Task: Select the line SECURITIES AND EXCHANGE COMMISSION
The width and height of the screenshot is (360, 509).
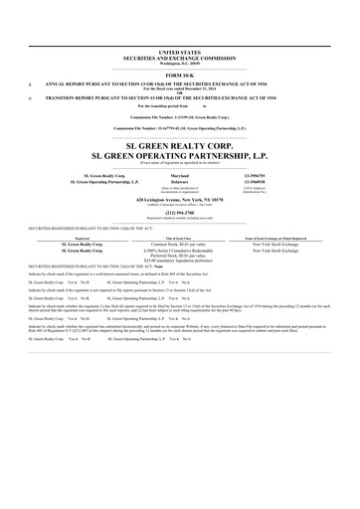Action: (x=179, y=56)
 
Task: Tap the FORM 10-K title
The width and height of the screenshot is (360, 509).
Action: (x=179, y=76)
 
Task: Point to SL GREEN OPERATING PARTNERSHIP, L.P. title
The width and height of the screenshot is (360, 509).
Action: (x=179, y=156)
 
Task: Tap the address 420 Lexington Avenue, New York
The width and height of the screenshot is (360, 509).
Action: (x=179, y=200)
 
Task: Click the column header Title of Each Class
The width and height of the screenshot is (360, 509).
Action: (x=179, y=240)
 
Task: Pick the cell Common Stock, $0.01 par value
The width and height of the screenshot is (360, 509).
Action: (x=179, y=245)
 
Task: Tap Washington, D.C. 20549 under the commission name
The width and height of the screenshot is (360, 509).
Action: (x=179, y=61)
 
